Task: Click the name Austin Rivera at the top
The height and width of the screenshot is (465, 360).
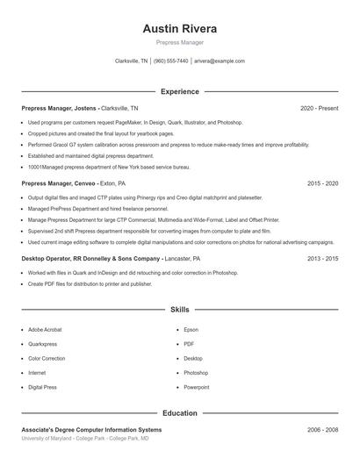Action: (x=180, y=28)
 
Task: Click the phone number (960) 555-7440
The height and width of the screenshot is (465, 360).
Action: (x=171, y=61)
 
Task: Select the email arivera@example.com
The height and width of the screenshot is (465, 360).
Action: (x=220, y=61)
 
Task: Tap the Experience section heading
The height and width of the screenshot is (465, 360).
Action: (x=180, y=91)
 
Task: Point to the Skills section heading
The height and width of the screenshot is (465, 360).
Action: (x=180, y=310)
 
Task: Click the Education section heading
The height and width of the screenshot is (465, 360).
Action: (x=180, y=412)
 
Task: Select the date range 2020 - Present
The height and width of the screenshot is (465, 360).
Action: (x=319, y=108)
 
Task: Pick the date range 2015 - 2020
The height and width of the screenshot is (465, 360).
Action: (x=322, y=184)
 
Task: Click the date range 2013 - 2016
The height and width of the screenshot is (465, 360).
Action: (x=322, y=259)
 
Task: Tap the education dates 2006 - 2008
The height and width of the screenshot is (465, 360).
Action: (x=322, y=430)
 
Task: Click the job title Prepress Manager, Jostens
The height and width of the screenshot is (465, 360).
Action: (x=60, y=108)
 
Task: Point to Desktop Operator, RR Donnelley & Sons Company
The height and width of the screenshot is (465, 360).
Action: (x=91, y=259)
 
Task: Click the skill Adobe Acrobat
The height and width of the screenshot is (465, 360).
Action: (x=47, y=330)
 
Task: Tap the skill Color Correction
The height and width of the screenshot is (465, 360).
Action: (x=47, y=358)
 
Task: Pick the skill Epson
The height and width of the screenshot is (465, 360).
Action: (x=191, y=330)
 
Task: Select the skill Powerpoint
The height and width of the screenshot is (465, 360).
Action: (x=196, y=387)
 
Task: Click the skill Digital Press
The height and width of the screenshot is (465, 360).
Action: (x=43, y=387)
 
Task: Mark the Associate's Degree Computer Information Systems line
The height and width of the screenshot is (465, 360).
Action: (x=91, y=430)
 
